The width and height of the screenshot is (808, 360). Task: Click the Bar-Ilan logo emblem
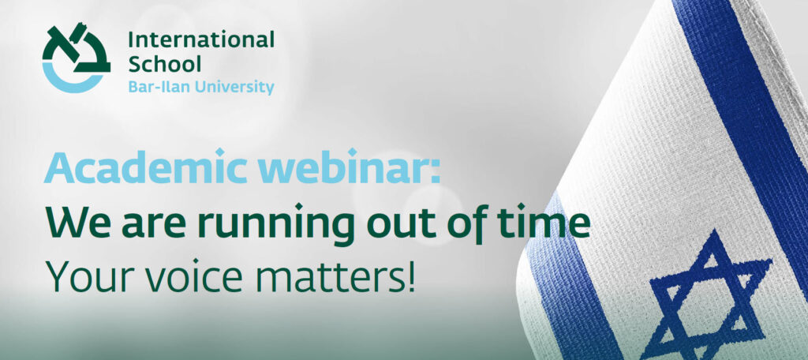76,58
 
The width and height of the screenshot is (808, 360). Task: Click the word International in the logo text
201,39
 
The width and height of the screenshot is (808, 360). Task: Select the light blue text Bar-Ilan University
201,87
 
